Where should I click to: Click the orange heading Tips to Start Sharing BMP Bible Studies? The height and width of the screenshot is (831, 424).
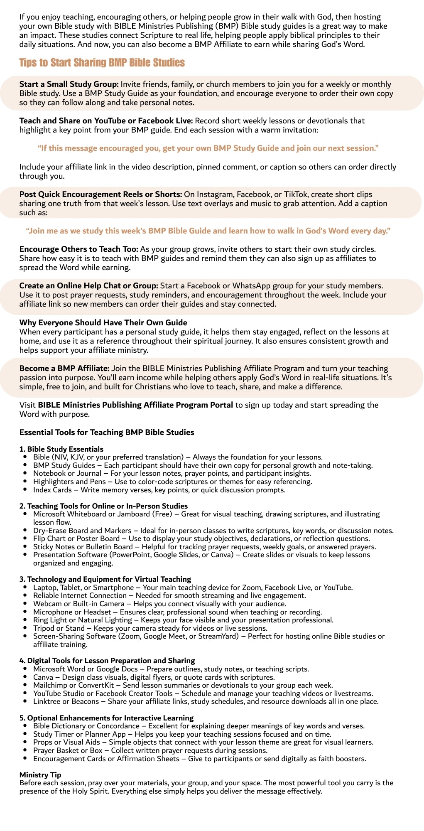[x=102, y=63]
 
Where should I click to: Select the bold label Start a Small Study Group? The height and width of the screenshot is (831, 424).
[x=69, y=84]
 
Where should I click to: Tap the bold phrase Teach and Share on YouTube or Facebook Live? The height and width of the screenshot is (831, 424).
[x=106, y=121]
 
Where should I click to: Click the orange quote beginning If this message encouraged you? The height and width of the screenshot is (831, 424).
[x=208, y=148]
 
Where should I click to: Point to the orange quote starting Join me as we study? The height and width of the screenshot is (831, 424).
[x=208, y=231]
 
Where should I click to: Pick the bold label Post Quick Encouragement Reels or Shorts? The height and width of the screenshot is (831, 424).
[x=100, y=194]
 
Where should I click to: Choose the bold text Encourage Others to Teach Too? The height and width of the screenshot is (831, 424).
[x=78, y=249]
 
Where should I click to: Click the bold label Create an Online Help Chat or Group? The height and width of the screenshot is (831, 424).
[x=88, y=286]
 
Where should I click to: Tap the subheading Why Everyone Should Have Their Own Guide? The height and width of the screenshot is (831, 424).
[x=103, y=323]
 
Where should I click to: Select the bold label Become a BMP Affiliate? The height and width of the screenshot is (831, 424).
[x=64, y=369]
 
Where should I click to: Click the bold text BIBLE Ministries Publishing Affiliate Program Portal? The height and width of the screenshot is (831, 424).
[x=135, y=405]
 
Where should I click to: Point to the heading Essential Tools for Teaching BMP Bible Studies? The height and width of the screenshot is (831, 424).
[x=107, y=433]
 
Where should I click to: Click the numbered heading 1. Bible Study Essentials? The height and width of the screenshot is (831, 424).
[x=61, y=449]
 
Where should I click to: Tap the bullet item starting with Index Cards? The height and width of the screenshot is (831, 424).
[x=159, y=490]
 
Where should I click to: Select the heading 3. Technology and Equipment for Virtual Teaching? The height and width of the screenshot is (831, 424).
[x=105, y=579]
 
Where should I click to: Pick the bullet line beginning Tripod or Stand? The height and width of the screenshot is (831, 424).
[x=150, y=628]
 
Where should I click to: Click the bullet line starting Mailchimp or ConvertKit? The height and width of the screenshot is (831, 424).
[x=183, y=685]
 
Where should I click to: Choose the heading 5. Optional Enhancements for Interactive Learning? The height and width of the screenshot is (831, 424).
[x=106, y=718]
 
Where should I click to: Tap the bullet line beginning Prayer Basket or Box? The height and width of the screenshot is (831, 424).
[x=150, y=750]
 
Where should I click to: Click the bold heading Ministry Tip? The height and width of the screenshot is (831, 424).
[x=40, y=775]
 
